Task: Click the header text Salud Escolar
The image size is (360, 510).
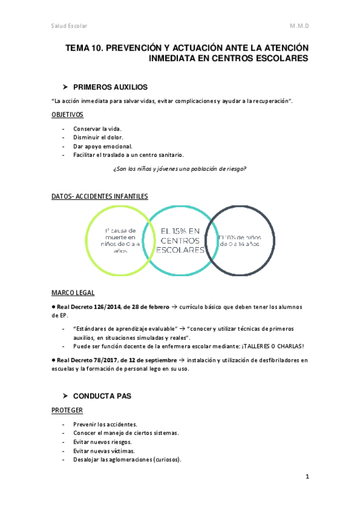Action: (70, 26)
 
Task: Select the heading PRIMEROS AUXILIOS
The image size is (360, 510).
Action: (110, 87)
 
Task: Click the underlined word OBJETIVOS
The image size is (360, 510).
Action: (68, 115)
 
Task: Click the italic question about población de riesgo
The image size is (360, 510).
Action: (180, 169)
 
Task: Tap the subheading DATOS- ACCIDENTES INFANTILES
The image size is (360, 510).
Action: (100, 197)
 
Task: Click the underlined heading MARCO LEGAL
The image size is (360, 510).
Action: (73, 293)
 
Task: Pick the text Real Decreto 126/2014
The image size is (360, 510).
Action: (90, 307)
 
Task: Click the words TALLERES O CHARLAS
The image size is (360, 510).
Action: (271, 346)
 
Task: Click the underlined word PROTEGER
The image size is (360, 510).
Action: (67, 410)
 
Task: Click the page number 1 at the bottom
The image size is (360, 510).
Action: (307, 478)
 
